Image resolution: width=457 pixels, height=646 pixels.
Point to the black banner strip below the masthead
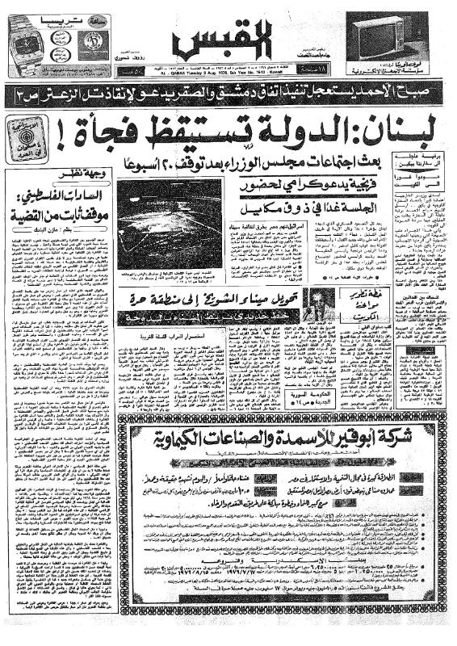click(x=228, y=96)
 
